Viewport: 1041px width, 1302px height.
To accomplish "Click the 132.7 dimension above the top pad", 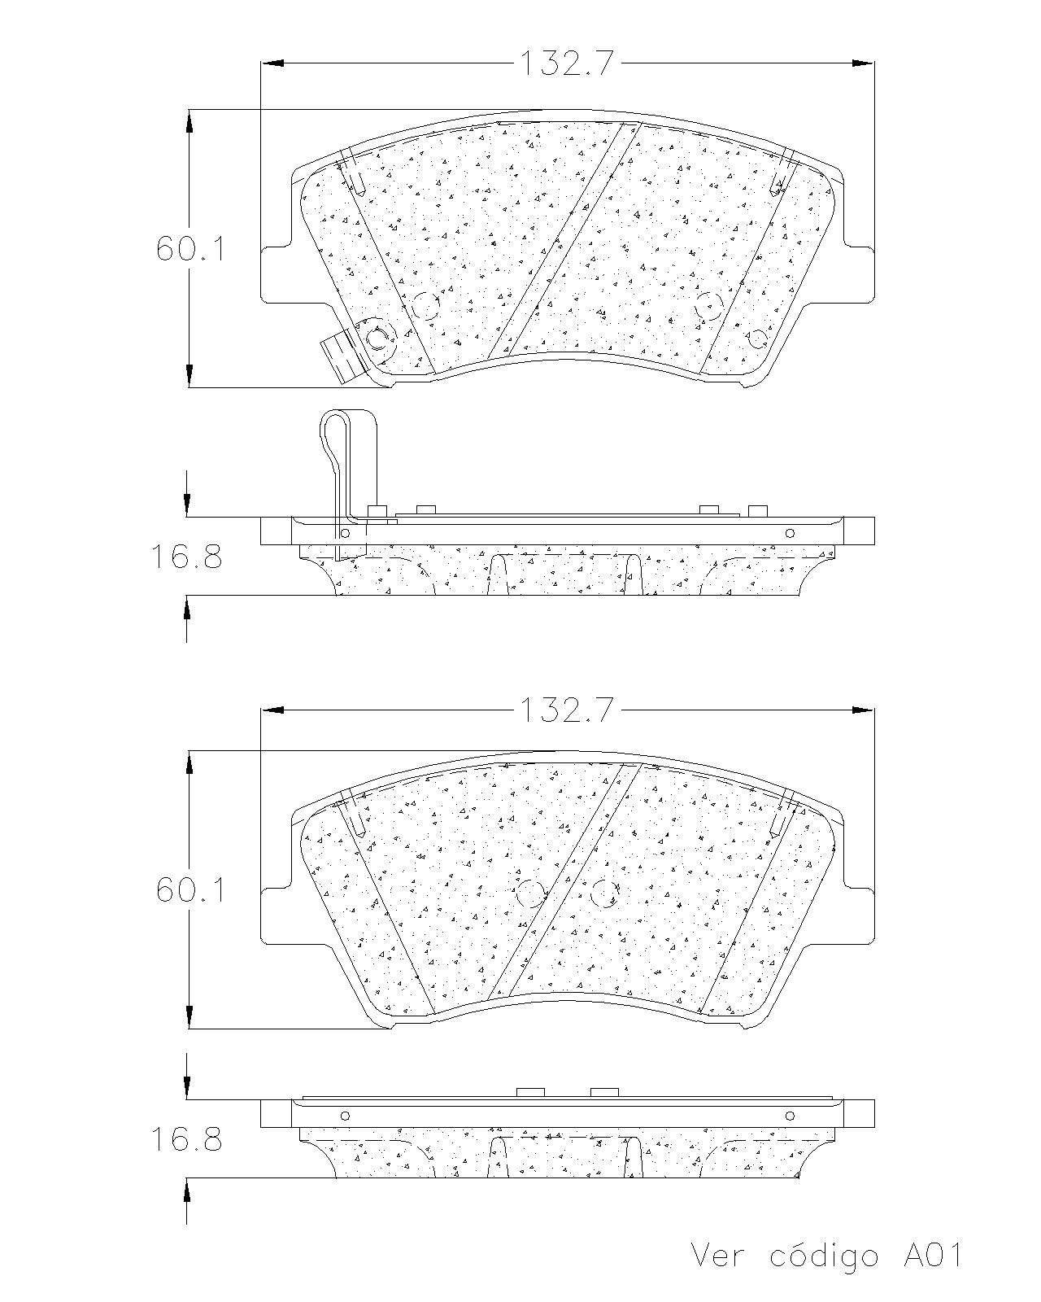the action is (567, 63).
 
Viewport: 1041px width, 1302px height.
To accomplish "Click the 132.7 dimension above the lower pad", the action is (567, 709).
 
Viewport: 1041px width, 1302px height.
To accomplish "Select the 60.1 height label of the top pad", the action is (190, 249).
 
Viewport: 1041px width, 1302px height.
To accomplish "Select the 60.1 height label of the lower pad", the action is (190, 890).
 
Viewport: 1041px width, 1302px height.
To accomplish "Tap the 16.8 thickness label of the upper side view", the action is (186, 556).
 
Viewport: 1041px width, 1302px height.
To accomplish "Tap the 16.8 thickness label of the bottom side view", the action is (186, 1139).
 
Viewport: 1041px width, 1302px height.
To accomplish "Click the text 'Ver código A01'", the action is (826, 1255).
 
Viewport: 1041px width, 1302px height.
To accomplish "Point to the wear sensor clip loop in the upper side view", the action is (334, 442).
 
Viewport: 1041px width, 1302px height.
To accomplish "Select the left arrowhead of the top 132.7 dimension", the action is (272, 63).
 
